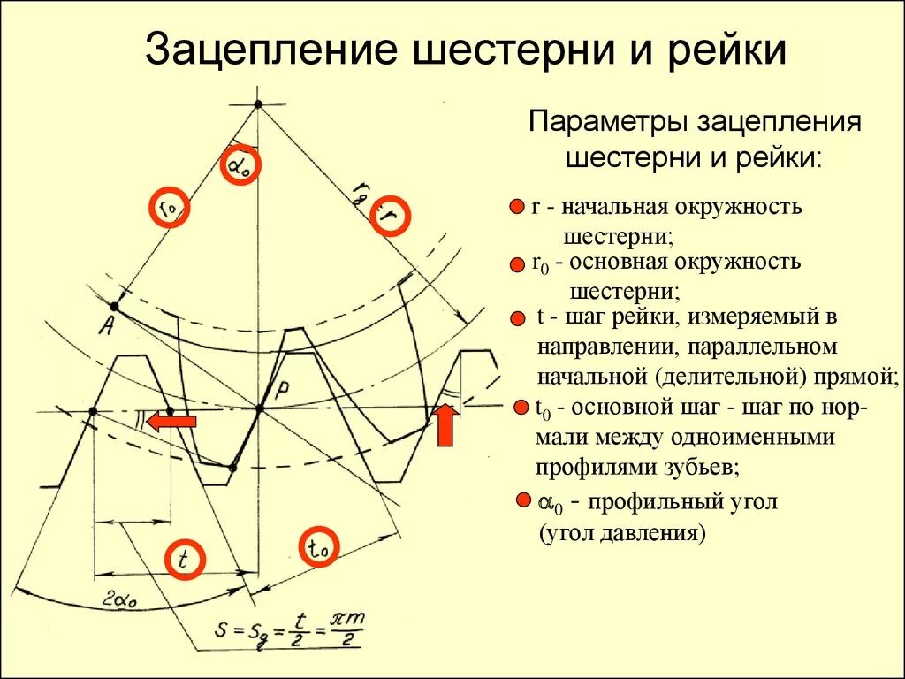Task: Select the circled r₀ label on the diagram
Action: coord(169,207)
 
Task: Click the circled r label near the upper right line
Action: coord(390,216)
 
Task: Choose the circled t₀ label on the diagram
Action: coord(319,548)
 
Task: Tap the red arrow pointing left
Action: coord(171,423)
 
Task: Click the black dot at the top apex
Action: coord(258,104)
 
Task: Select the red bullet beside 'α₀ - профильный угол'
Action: coord(523,501)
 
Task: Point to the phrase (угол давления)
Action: coord(621,534)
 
